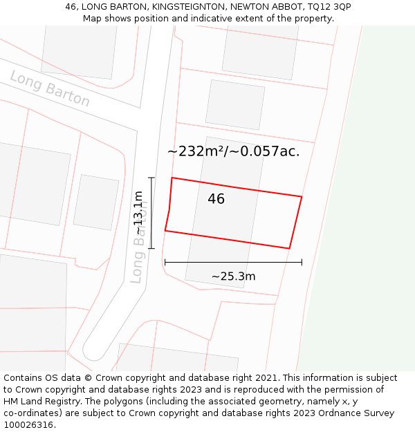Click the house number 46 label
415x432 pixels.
tap(216, 199)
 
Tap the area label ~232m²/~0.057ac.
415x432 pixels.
tap(234, 151)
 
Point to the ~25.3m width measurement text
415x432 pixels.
tap(233, 276)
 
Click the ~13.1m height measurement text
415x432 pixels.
tap(138, 212)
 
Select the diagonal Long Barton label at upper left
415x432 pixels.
tap(50, 88)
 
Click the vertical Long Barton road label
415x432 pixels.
tap(139, 242)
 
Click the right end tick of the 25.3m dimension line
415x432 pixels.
tap(302, 262)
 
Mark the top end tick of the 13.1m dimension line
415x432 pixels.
tap(151, 178)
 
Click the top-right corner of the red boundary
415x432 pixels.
tap(302, 197)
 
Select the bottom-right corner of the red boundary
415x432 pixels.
tap(289, 248)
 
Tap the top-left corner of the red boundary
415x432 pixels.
tap(172, 178)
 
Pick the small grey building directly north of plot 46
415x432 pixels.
tap(234, 104)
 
